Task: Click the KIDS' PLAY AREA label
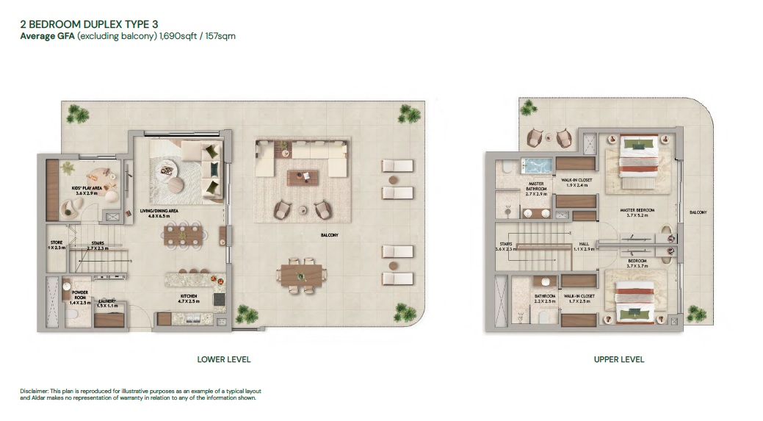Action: pyautogui.click(x=87, y=188)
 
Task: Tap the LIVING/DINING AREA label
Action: pyautogui.click(x=164, y=211)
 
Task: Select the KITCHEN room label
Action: pyautogui.click(x=189, y=296)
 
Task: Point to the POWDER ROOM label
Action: pyautogui.click(x=80, y=295)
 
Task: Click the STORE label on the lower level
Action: pyautogui.click(x=57, y=242)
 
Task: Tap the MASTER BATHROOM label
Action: pyautogui.click(x=535, y=188)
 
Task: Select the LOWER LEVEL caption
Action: pyautogui.click(x=224, y=359)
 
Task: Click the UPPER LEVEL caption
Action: pyautogui.click(x=619, y=359)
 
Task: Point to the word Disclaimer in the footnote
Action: pyautogui.click(x=34, y=391)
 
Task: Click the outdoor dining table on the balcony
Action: pyautogui.click(x=302, y=275)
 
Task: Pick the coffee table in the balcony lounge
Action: pyautogui.click(x=301, y=176)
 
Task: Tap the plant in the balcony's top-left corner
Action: pyautogui.click(x=76, y=114)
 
